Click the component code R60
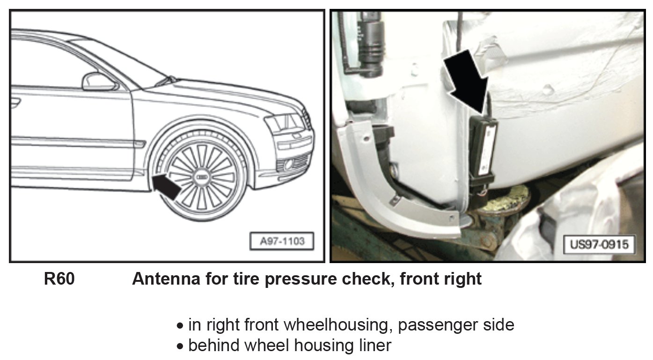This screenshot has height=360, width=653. [x=59, y=279]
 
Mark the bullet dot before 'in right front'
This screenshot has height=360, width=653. [x=180, y=325]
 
